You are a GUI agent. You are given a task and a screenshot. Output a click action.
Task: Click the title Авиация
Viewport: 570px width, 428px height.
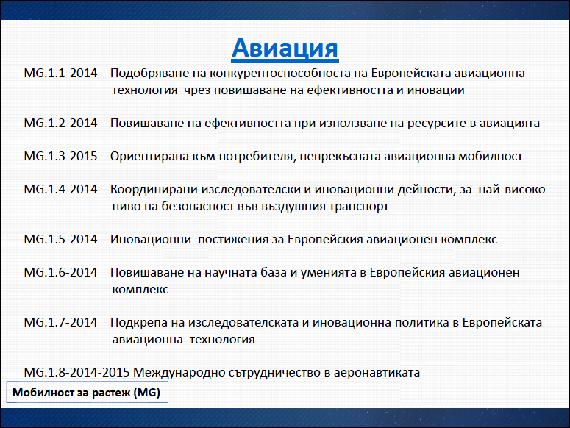[285, 48]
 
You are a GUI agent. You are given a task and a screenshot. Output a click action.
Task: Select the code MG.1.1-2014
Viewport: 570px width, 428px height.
[61, 73]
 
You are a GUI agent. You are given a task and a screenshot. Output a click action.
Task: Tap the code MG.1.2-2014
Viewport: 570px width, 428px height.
[61, 123]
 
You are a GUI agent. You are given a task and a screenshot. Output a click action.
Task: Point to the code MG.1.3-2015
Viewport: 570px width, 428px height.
[61, 156]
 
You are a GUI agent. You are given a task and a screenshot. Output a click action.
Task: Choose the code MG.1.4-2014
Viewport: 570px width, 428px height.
[61, 189]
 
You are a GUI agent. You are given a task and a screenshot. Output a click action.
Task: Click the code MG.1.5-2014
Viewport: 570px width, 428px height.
[61, 240]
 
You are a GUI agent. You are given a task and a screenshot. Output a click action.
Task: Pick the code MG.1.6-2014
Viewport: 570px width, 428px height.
[61, 273]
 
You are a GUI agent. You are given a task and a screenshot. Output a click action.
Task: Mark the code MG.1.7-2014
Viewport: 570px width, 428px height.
[61, 323]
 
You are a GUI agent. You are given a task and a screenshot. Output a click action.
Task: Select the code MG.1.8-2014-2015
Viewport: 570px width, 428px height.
[76, 372]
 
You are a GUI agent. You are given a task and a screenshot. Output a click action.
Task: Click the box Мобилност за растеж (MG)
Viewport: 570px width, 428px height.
[88, 392]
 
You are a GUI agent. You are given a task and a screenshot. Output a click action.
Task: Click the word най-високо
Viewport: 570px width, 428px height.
[512, 189]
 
